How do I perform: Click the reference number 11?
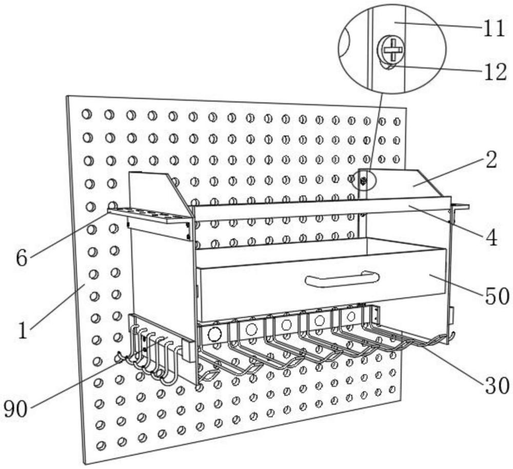494,29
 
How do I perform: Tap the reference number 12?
494,72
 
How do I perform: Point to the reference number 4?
491,238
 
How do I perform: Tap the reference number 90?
15,409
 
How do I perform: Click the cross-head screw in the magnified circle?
391,50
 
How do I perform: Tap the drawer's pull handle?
342,279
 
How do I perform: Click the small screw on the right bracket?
364,181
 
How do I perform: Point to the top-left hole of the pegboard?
87,114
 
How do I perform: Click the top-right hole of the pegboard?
397,122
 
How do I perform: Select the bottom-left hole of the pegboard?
102,445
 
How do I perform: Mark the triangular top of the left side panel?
154,187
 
